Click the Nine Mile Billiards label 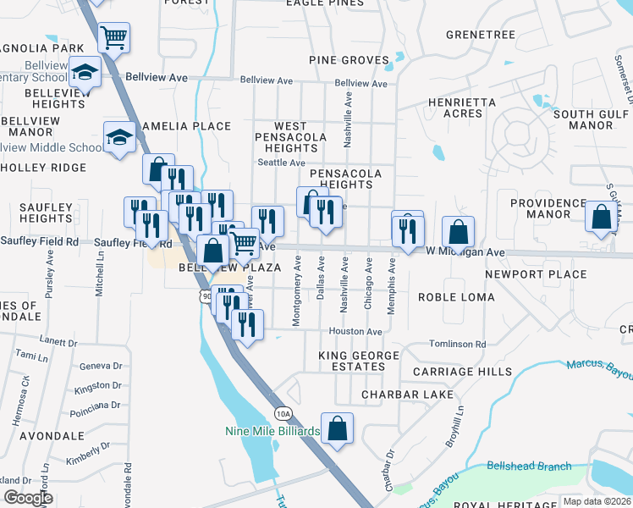pyautogui.click(x=272, y=431)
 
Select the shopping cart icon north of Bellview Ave pyautogui.click(x=113, y=37)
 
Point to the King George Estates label pyautogui.click(x=351, y=361)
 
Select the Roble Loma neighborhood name pyautogui.click(x=450, y=297)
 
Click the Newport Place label pyautogui.click(x=536, y=274)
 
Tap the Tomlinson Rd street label pyautogui.click(x=457, y=345)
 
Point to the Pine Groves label pyautogui.click(x=349, y=60)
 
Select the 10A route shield pyautogui.click(x=283, y=412)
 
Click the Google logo pyautogui.click(x=30, y=498)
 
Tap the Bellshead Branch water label pyautogui.click(x=529, y=467)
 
